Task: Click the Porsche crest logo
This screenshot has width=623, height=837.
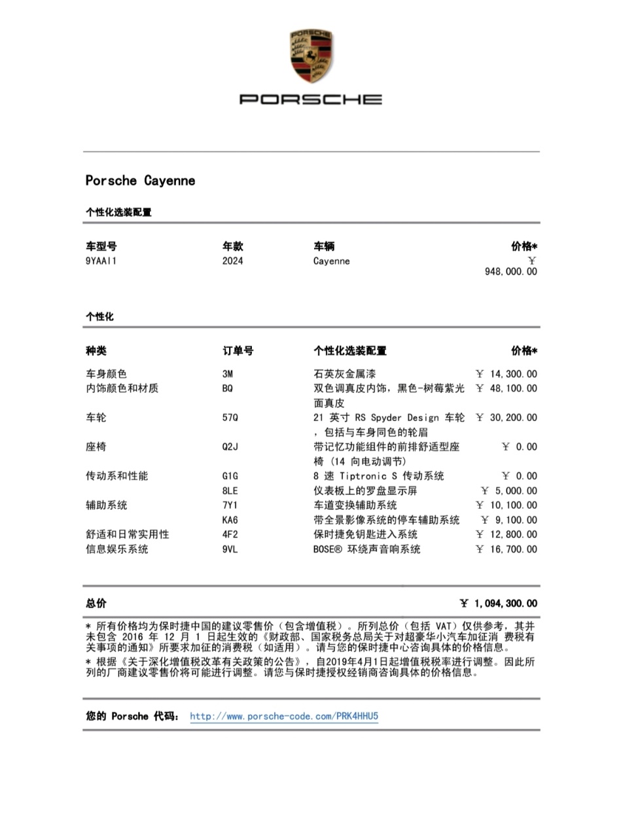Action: point(311,56)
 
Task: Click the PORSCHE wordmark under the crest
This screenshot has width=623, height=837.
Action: point(311,99)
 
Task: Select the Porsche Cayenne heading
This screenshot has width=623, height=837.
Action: point(140,180)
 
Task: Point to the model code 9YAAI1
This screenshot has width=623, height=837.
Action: point(101,261)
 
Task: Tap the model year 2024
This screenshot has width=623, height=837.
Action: point(232,261)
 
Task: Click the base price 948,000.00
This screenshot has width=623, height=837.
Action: point(510,271)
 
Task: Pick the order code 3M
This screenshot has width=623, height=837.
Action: point(228,374)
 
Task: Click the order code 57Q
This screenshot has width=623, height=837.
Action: point(230,417)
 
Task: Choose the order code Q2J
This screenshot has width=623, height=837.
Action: point(230,447)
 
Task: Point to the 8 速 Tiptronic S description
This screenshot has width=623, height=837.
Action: point(378,476)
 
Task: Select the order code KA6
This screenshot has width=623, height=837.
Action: point(230,520)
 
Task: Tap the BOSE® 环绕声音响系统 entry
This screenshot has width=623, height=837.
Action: point(366,549)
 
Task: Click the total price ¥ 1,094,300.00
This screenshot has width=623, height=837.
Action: point(498,604)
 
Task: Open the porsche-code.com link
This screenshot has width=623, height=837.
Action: point(284,716)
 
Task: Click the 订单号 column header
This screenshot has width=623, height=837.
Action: point(238,351)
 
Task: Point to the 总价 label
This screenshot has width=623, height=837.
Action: point(96,604)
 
